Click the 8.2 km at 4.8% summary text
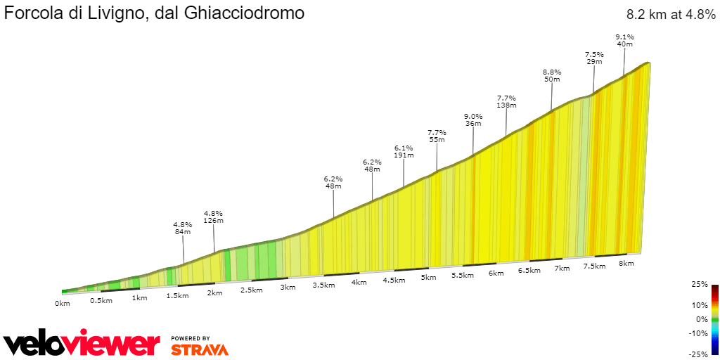tap(670, 15)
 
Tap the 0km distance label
tap(63, 304)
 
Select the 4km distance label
tap(359, 283)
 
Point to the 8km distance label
tap(626, 264)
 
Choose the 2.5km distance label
tap(252, 290)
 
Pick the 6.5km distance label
tap(529, 271)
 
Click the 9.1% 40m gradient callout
tap(624, 40)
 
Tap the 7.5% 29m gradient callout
tap(594, 58)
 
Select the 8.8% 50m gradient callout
tap(552, 75)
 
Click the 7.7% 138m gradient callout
tap(506, 101)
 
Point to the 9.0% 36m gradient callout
tap(473, 120)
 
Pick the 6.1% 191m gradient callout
tap(404, 152)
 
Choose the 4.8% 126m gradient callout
tap(213, 217)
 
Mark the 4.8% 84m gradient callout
tap(183, 229)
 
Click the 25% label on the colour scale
tap(699, 285)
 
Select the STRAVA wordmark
tap(200, 349)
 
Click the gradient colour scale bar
tap(714, 320)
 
